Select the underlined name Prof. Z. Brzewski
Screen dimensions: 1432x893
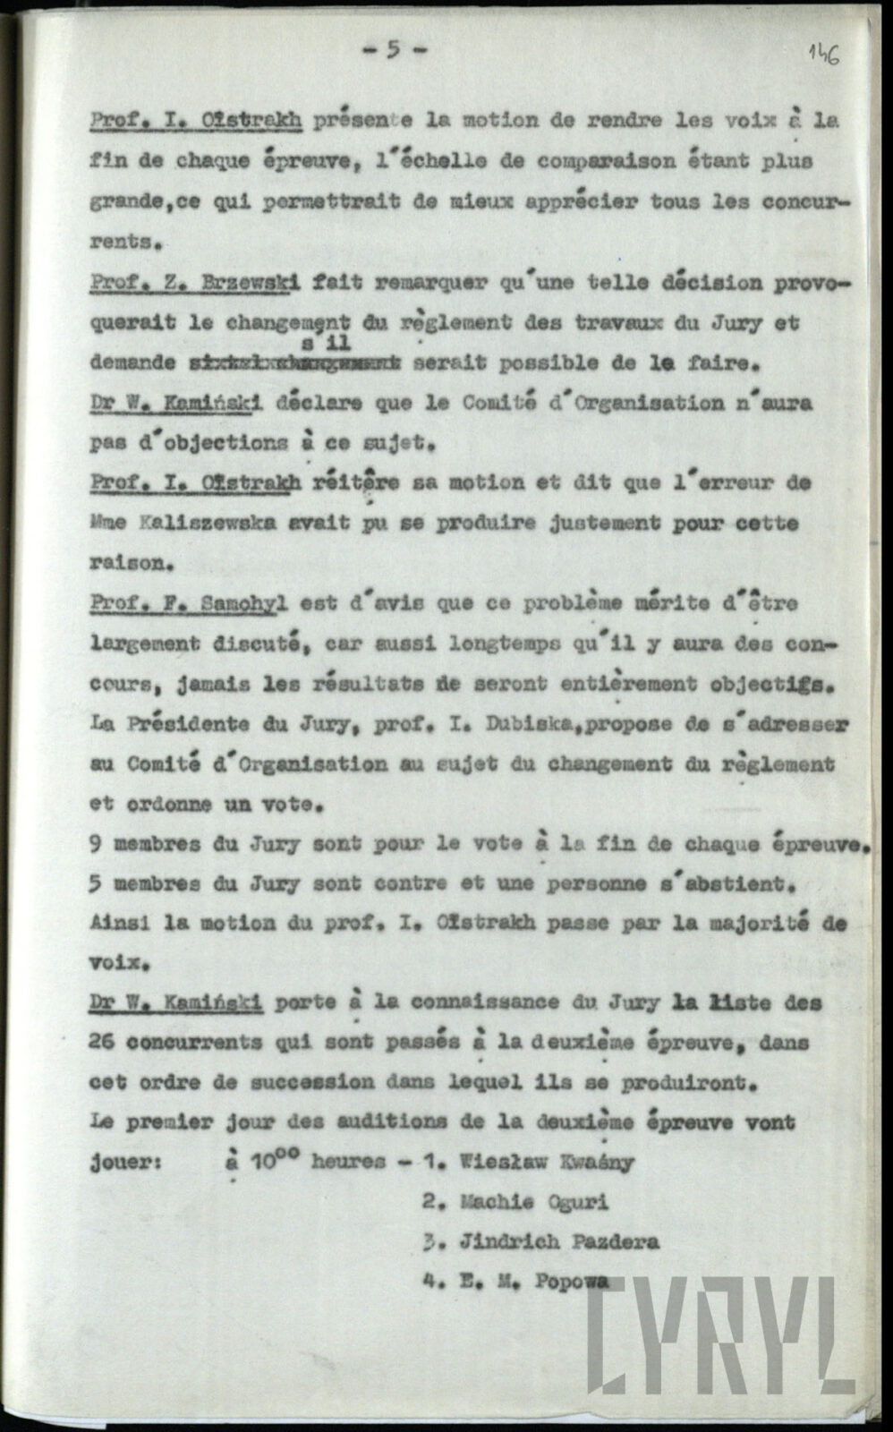(192, 283)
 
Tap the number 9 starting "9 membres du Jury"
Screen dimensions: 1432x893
(96, 844)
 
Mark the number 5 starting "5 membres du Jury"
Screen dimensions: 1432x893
(96, 883)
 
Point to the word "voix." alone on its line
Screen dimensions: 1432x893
(117, 964)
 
